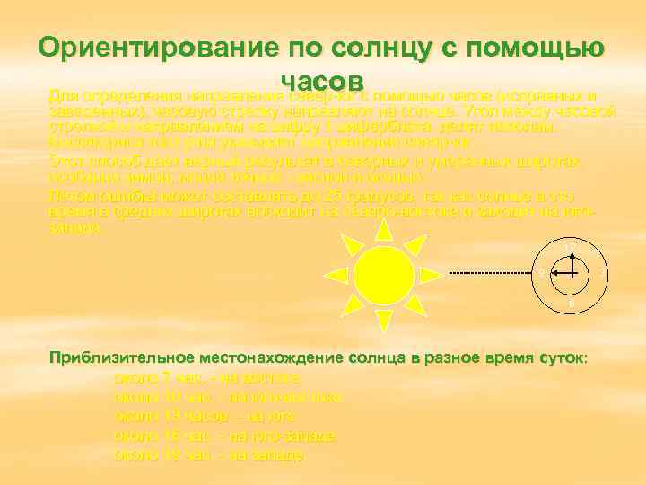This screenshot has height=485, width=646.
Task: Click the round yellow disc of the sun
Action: tap(384, 273)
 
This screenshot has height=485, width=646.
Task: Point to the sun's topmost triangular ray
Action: tap(384, 230)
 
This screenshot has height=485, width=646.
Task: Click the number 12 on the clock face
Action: tap(570, 246)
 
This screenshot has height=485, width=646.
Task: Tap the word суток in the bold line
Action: tap(562, 357)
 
